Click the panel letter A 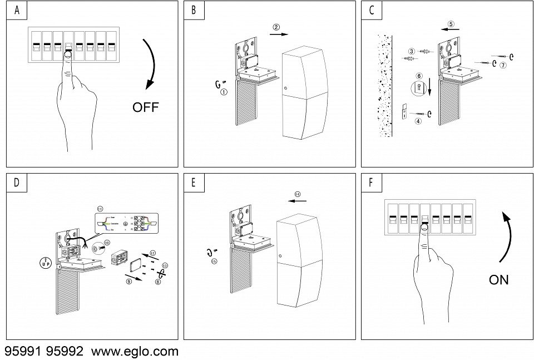(17, 11)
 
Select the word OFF (145, 107)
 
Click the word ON (498, 280)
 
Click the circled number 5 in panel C (451, 24)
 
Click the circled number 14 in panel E (298, 194)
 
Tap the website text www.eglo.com (135, 352)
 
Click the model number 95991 (23, 352)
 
